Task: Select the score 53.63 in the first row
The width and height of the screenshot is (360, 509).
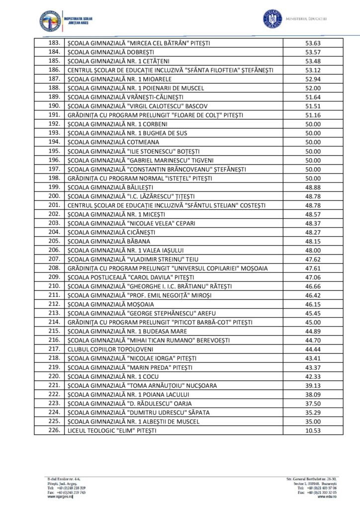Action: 313,43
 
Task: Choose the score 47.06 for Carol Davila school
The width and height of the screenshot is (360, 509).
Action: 313,277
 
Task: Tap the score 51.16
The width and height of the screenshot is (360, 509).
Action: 313,115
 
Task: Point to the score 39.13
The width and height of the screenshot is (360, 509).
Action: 313,385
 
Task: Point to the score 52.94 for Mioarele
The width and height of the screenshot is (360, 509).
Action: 313,79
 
